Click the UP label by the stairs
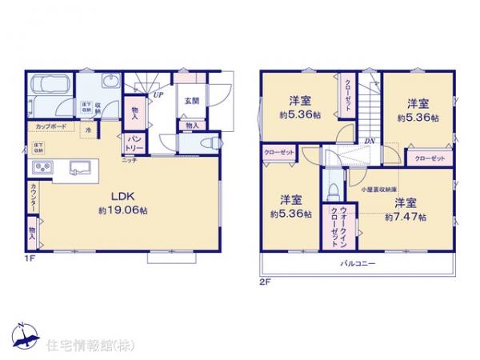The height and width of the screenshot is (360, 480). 158,94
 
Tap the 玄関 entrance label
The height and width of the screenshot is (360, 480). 191,100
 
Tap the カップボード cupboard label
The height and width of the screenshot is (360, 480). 50,127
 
